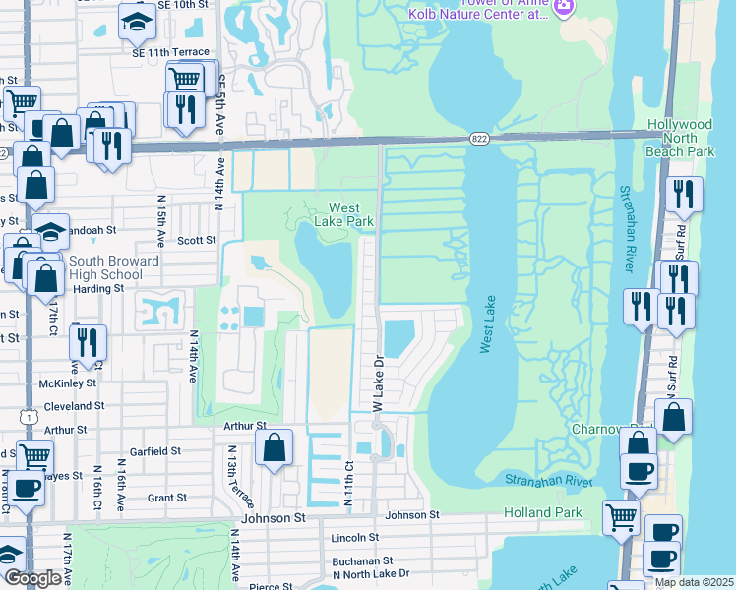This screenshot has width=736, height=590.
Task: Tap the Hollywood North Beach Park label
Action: (x=680, y=138)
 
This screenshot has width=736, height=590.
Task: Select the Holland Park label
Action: (x=543, y=512)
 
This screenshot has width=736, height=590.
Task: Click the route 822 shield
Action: (x=479, y=139)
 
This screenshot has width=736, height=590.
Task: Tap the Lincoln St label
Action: (x=355, y=538)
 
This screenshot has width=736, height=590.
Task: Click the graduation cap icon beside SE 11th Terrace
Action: (x=137, y=20)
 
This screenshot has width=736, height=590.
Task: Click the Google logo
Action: (x=32, y=579)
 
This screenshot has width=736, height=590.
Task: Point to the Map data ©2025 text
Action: (x=693, y=582)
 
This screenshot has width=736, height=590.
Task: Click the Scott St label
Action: (x=197, y=240)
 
